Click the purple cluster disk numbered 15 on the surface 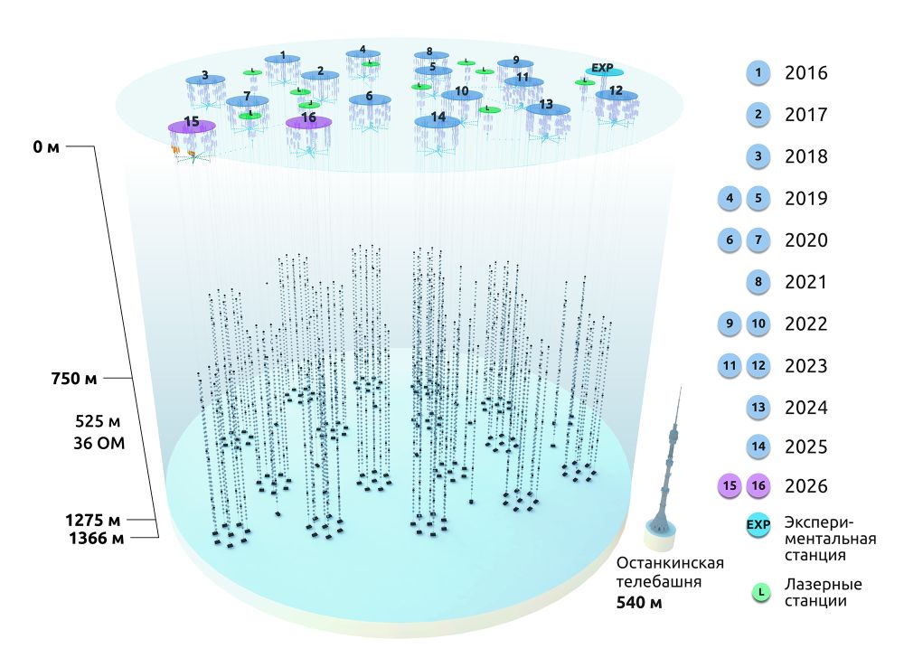(192, 124)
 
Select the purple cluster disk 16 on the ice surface (309, 120)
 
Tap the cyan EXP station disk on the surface (603, 70)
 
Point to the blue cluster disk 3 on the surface (205, 79)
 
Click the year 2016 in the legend (807, 73)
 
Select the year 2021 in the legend (807, 283)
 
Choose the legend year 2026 (807, 486)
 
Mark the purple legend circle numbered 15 (730, 486)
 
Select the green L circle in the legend (760, 591)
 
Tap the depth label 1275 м (93, 520)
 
